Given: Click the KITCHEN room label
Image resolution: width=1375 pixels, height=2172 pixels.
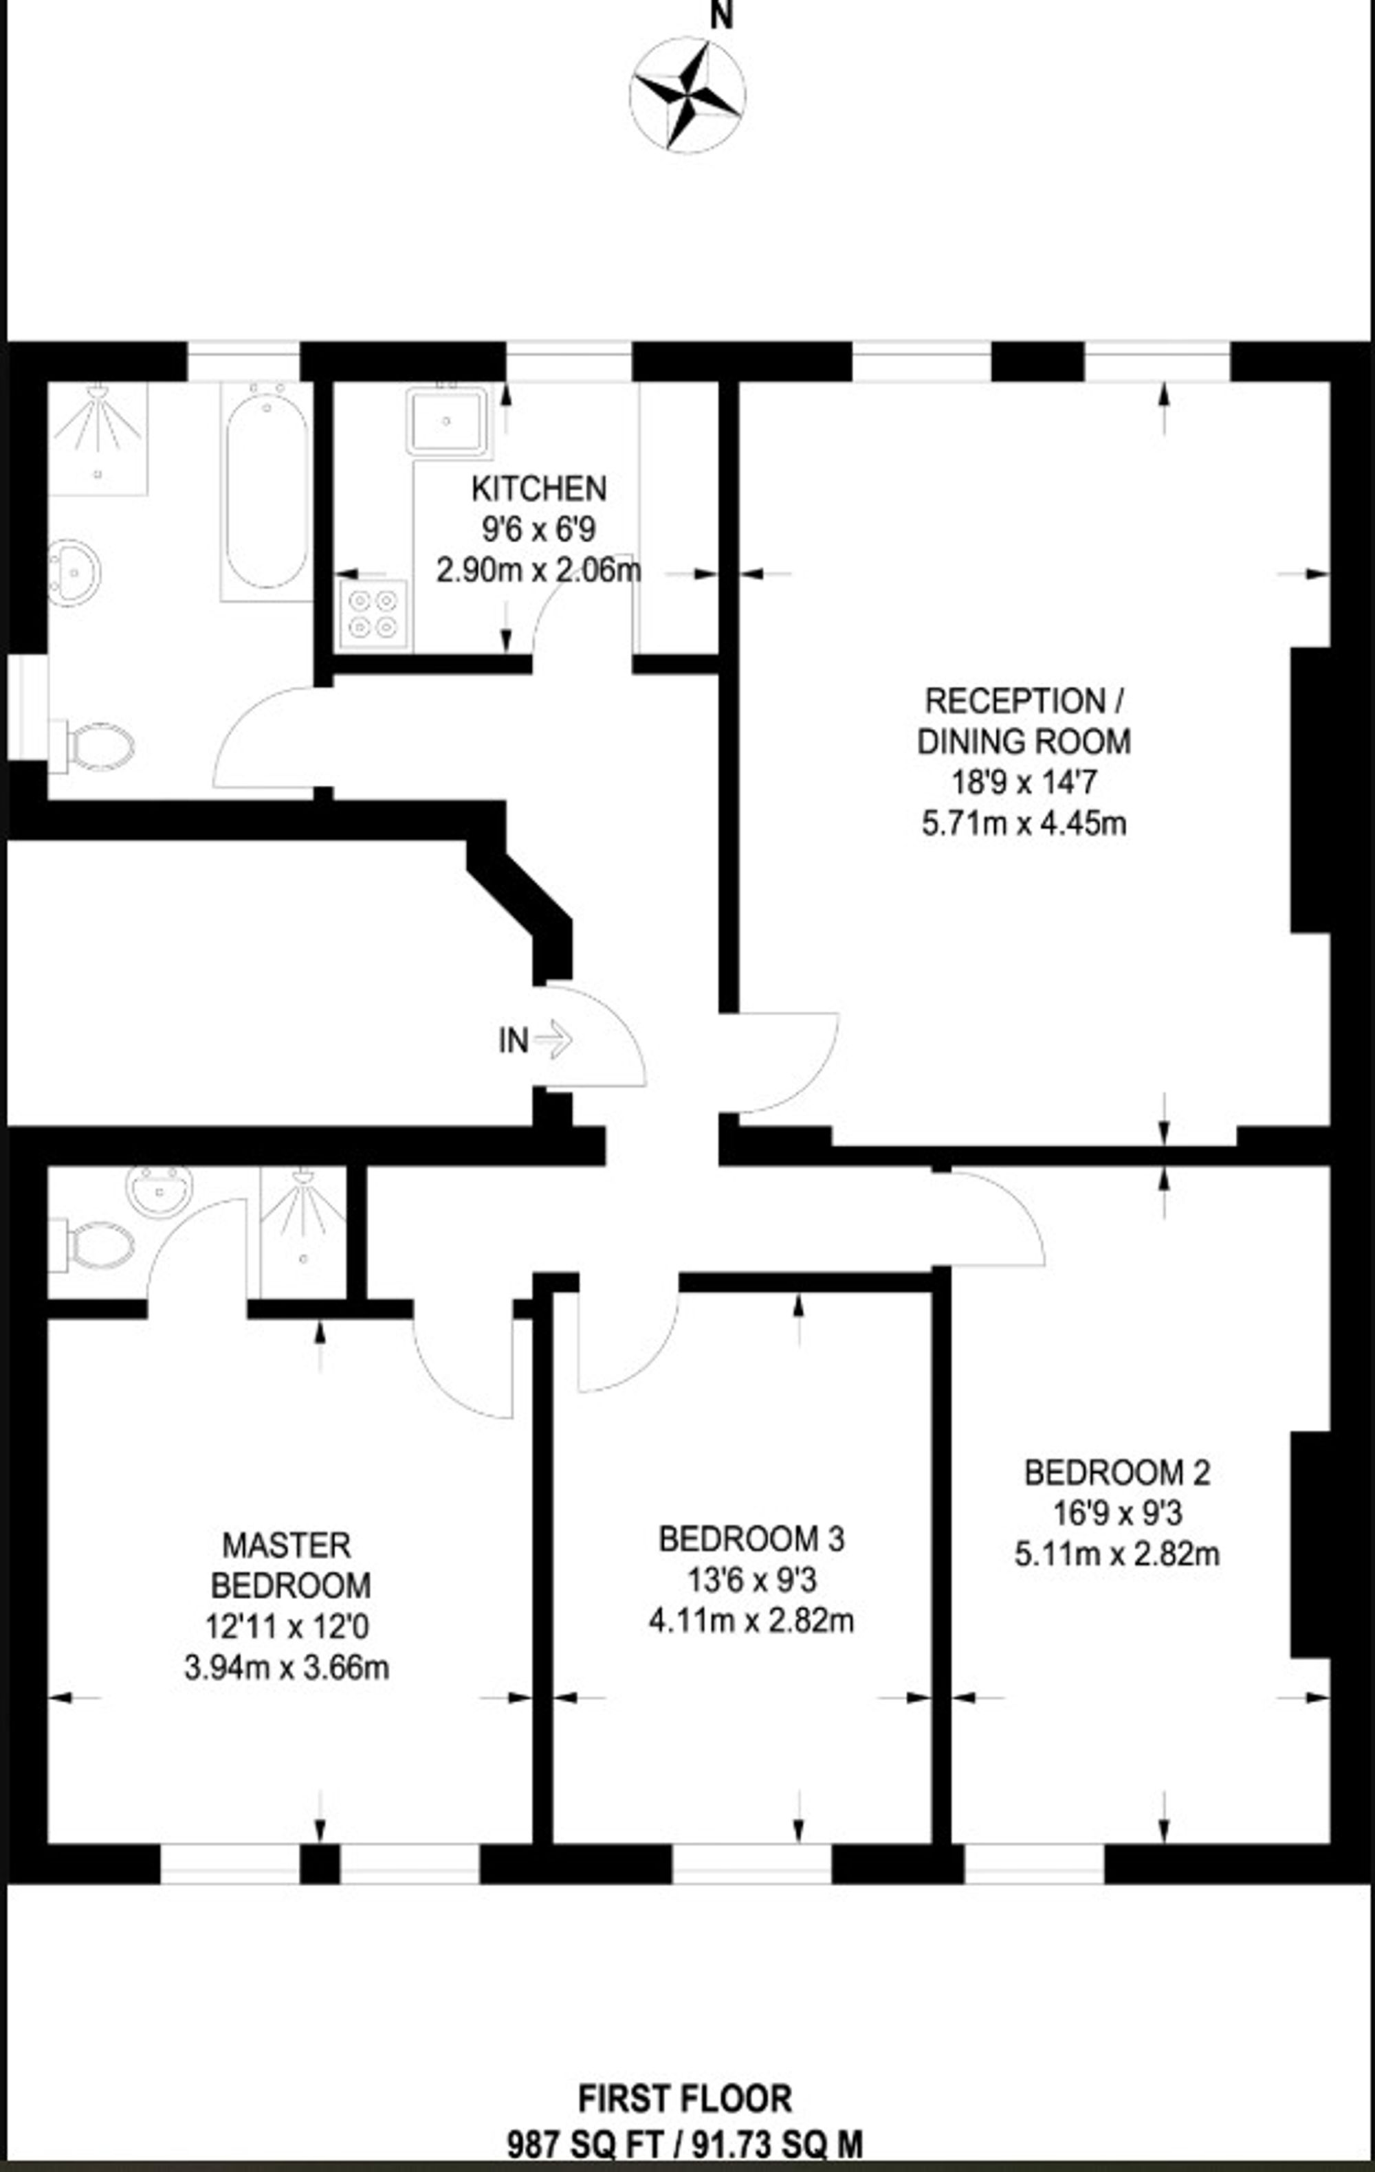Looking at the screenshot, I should [x=538, y=489].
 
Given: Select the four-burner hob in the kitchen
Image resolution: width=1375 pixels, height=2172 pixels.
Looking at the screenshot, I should [x=373, y=614].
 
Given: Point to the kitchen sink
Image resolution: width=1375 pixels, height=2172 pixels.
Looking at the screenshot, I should [x=448, y=419].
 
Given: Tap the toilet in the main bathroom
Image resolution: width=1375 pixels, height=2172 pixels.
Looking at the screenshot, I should [x=96, y=747].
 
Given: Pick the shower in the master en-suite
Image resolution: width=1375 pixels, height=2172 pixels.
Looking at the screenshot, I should [x=303, y=1231].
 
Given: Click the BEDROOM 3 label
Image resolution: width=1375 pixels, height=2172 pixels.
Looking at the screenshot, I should [x=751, y=1538].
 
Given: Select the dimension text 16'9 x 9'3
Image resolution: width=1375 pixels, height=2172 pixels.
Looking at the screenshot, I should [x=1116, y=1512].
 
